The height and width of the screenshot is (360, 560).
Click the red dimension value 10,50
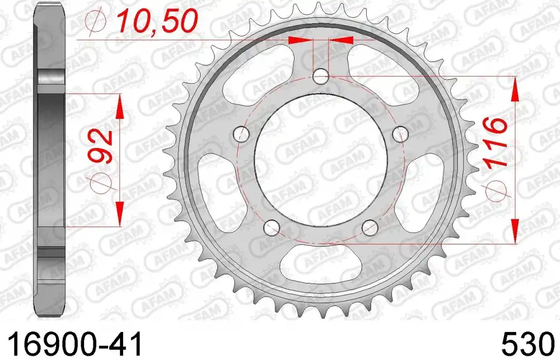point(157,21)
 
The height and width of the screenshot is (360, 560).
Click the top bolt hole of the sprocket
point(321,76)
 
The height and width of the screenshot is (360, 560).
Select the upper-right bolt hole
point(400,134)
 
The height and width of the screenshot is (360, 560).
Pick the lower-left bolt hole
point(272,227)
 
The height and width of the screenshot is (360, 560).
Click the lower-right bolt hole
point(370,227)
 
